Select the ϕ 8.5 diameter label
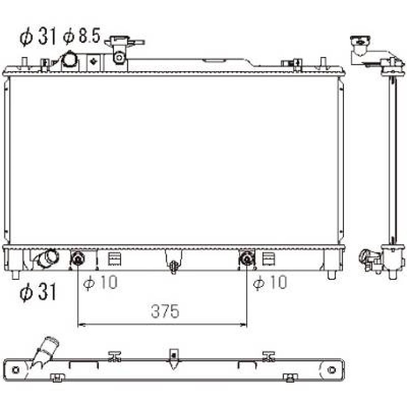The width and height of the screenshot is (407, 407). pyautogui.click(x=81, y=37)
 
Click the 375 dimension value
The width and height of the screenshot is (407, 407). pyautogui.click(x=165, y=311)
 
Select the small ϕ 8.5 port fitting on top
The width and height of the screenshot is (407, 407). pyautogui.click(x=119, y=57)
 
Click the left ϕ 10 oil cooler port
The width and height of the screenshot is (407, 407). pyautogui.click(x=77, y=259)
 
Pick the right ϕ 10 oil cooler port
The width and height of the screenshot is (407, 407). pyautogui.click(x=246, y=259)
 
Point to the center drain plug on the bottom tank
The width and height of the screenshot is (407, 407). pyautogui.click(x=174, y=267)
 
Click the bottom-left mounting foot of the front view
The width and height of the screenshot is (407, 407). pyautogui.click(x=15, y=275)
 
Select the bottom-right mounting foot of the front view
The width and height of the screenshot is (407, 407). pyautogui.click(x=332, y=275)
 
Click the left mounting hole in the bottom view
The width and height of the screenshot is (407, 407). pyautogui.click(x=16, y=370)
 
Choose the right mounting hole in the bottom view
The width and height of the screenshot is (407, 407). pyautogui.click(x=332, y=370)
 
